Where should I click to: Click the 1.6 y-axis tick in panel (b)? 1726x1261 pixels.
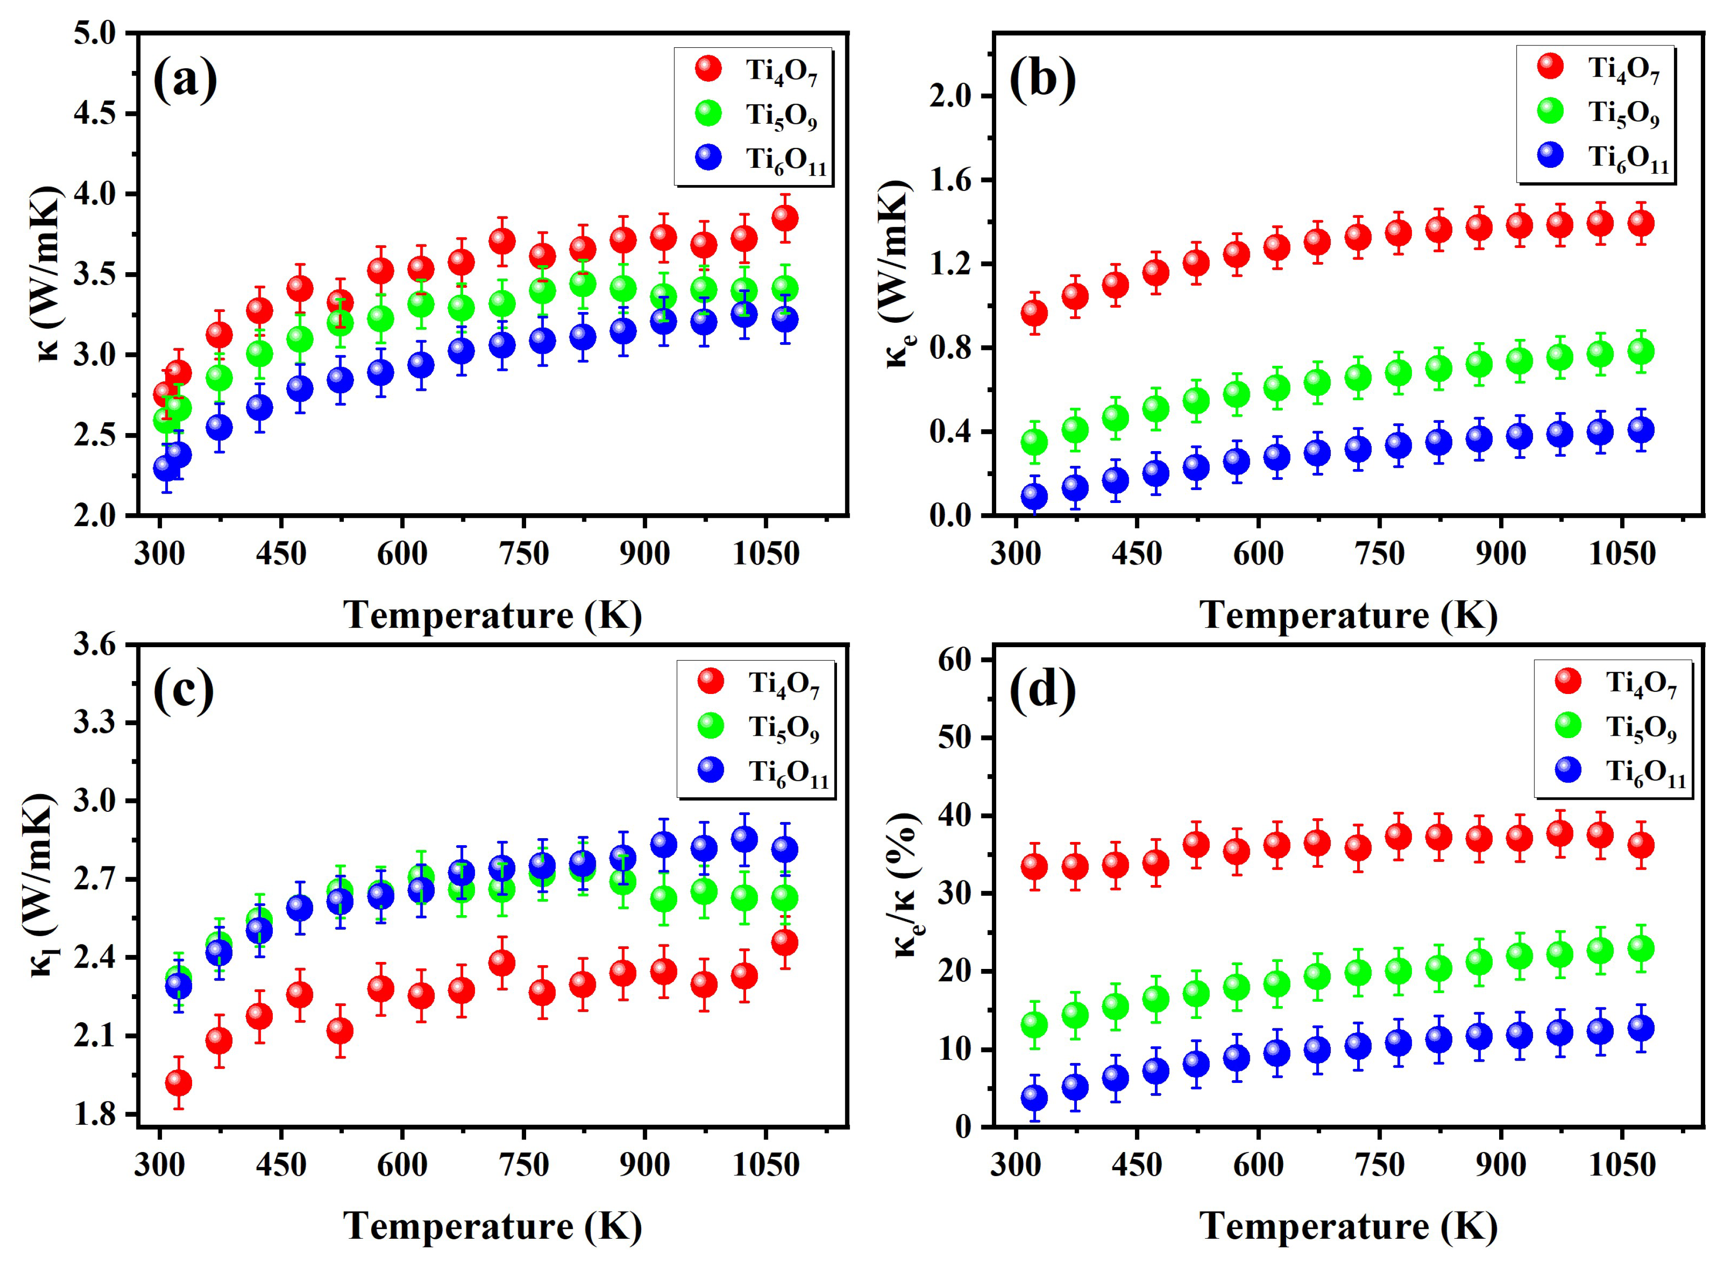click(951, 180)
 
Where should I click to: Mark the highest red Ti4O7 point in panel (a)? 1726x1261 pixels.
click(784, 218)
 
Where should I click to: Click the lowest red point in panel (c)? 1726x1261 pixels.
click(178, 1083)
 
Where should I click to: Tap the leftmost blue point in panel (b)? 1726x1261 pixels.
click(1034, 496)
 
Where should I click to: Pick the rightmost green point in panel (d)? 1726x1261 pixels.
click(1641, 949)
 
